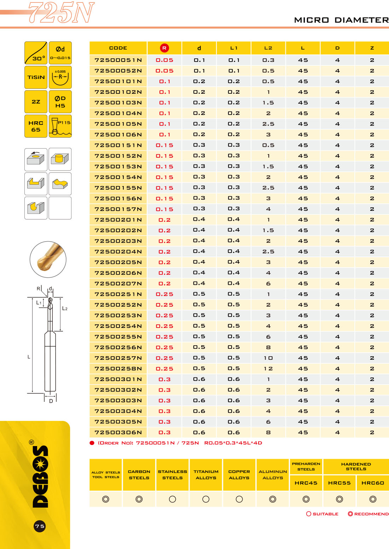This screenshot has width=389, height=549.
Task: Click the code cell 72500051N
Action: [118, 60]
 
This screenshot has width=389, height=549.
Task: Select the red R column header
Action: [164, 48]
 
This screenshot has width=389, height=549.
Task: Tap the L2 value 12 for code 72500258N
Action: [268, 369]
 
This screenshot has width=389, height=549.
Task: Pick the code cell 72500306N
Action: [118, 432]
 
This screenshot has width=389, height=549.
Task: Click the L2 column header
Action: [268, 48]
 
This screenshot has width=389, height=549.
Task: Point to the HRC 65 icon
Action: [36, 126]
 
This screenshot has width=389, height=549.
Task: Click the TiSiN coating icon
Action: [36, 77]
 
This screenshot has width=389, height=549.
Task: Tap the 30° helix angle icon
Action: [36, 53]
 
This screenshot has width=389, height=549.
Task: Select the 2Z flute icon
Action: [36, 102]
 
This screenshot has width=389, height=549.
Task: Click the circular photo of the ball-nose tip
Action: [48, 260]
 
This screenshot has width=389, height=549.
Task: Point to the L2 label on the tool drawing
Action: [65, 308]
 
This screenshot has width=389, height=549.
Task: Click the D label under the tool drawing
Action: [51, 401]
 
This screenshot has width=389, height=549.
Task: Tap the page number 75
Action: [40, 526]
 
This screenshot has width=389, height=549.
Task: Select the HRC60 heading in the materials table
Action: [373, 483]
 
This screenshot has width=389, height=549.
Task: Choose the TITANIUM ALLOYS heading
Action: [206, 475]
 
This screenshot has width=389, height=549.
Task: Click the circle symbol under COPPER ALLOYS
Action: [239, 499]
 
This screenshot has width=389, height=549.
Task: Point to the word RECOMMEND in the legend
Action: [371, 514]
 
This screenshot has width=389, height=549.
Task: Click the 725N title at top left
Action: [61, 13]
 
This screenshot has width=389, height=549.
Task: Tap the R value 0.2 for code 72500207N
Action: [164, 283]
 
